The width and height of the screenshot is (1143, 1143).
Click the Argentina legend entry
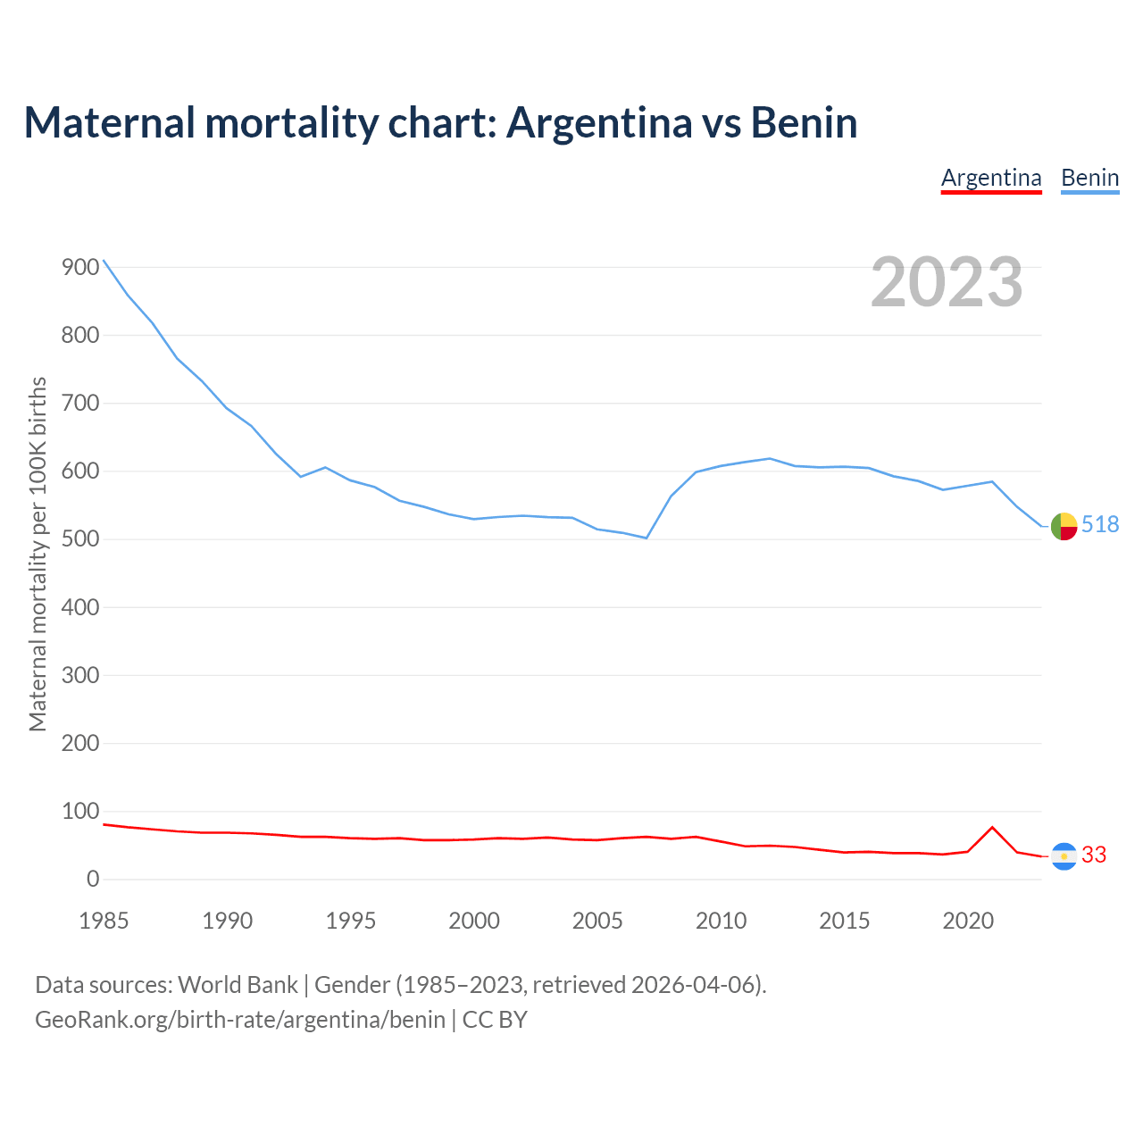(991, 178)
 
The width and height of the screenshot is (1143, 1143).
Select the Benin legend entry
(1089, 178)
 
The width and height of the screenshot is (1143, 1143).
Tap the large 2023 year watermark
(947, 281)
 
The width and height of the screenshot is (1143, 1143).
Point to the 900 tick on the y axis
(80, 267)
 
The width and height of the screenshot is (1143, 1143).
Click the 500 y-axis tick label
(80, 539)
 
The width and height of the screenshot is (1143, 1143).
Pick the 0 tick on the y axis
(93, 880)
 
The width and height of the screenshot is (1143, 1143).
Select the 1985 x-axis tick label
(104, 921)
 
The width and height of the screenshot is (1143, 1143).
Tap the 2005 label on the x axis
(597, 921)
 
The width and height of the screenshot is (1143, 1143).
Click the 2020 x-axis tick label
(968, 921)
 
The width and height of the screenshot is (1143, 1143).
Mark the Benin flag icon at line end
(1064, 527)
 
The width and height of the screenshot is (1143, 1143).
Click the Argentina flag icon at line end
(1064, 856)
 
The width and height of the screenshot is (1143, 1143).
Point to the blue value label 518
(1100, 525)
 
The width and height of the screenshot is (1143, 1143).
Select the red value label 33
(1094, 855)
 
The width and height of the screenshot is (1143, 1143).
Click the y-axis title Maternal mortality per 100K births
(38, 554)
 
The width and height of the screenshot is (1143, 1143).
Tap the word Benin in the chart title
(804, 122)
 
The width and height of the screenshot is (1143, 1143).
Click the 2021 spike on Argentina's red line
(992, 827)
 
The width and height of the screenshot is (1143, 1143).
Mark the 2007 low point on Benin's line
(646, 538)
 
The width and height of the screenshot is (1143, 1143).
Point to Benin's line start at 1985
(104, 260)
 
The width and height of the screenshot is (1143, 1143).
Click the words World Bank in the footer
(238, 985)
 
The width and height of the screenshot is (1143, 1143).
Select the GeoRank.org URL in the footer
(239, 1020)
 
